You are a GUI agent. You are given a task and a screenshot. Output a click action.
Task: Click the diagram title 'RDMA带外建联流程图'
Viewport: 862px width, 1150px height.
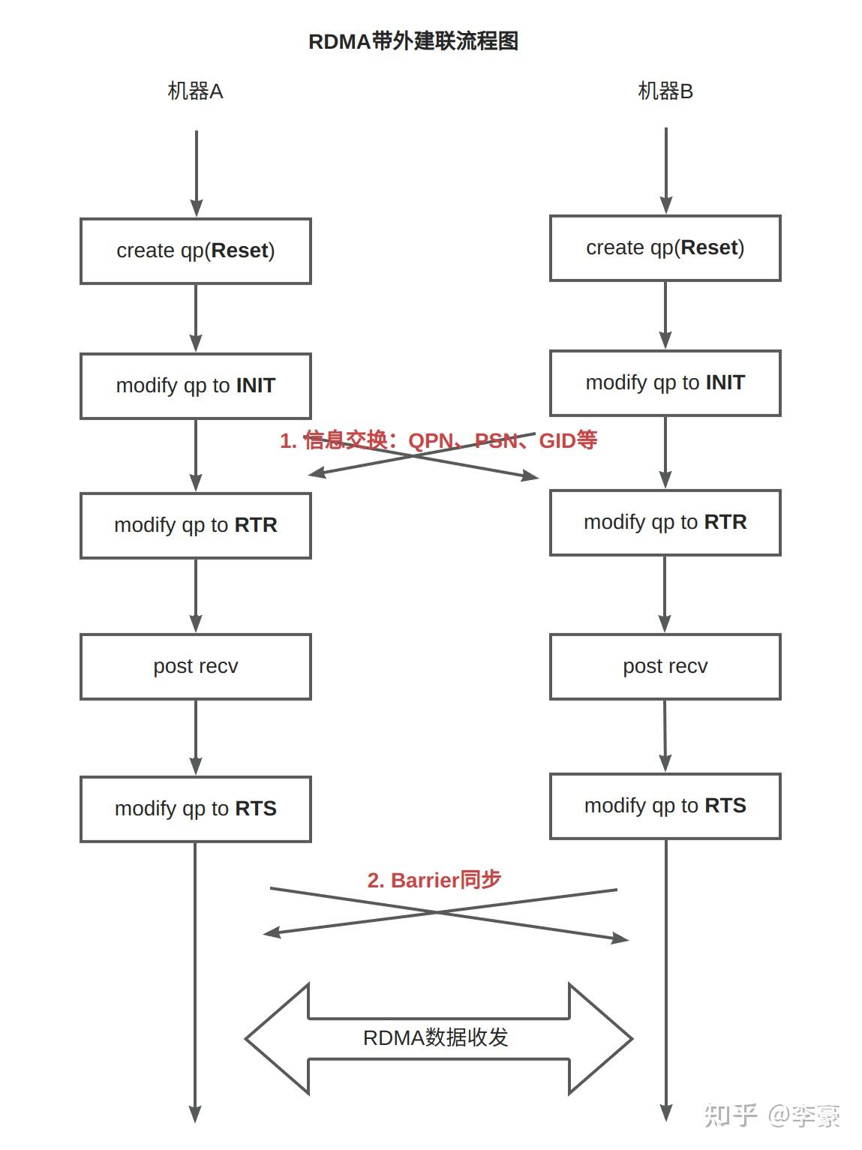pyautogui.click(x=413, y=41)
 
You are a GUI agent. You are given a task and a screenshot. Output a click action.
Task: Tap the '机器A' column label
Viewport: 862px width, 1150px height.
pyautogui.click(x=195, y=92)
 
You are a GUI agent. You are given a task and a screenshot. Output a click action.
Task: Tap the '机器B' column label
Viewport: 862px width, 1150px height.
pyautogui.click(x=665, y=92)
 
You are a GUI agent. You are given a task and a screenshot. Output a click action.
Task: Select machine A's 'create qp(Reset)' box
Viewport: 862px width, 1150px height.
pyautogui.click(x=196, y=251)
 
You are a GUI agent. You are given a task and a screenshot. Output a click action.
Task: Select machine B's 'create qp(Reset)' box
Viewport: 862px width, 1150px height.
pyautogui.click(x=665, y=248)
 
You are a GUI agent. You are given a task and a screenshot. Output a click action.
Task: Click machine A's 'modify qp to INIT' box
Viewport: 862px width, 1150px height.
pyautogui.click(x=196, y=386)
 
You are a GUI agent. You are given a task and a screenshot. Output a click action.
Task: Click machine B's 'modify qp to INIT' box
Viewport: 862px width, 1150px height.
pyautogui.click(x=665, y=383)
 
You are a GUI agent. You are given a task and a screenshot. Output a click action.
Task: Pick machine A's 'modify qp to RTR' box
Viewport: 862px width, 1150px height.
pyautogui.click(x=196, y=525)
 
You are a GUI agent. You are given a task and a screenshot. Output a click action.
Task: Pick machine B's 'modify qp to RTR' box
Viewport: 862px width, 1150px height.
pyautogui.click(x=665, y=522)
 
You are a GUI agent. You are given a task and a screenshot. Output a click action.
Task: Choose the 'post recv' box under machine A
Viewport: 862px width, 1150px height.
pyautogui.click(x=196, y=666)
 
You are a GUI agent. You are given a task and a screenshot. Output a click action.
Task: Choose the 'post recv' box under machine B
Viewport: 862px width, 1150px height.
pyautogui.click(x=665, y=666)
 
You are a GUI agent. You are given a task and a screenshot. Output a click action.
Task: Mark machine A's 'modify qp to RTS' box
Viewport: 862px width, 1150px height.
pyautogui.click(x=196, y=809)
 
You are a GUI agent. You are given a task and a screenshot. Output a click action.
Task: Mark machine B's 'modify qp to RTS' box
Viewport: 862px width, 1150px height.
pyautogui.click(x=665, y=806)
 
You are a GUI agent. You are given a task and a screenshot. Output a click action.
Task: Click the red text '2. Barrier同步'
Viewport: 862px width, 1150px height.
pyautogui.click(x=434, y=880)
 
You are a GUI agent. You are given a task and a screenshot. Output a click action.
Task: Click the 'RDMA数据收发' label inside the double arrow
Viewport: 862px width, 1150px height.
pyautogui.click(x=436, y=1037)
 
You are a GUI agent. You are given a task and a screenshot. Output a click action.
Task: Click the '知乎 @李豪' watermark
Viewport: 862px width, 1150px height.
pyautogui.click(x=772, y=1115)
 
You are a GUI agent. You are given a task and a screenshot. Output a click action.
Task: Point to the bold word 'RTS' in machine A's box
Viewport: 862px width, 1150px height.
pyautogui.click(x=256, y=809)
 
